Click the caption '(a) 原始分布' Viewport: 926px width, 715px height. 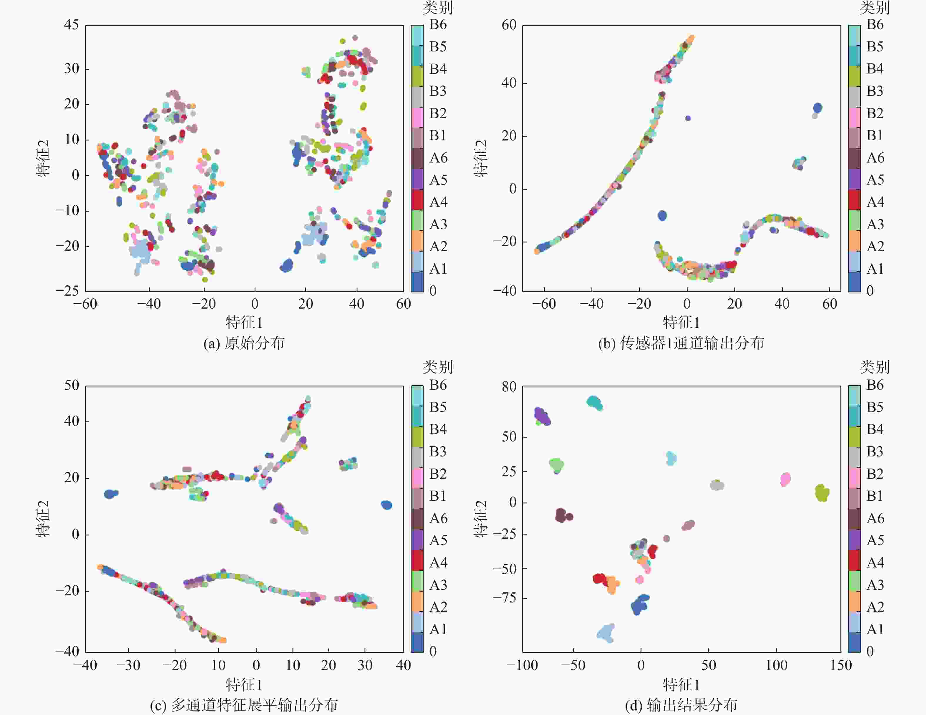click(244, 343)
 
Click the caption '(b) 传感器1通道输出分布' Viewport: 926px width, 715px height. click(681, 343)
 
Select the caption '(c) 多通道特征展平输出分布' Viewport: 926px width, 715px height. click(244, 705)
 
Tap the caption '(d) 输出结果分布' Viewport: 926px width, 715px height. click(681, 705)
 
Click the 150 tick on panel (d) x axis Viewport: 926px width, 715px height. click(840, 665)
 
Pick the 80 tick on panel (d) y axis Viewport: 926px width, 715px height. click(509, 386)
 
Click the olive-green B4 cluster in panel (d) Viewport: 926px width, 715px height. click(822, 493)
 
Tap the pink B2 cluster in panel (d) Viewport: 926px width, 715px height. click(785, 479)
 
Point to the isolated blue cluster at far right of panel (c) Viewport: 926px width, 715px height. click(386, 505)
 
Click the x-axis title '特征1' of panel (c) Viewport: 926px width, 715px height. click(244, 684)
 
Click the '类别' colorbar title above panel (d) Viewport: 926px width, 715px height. click(875, 367)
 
